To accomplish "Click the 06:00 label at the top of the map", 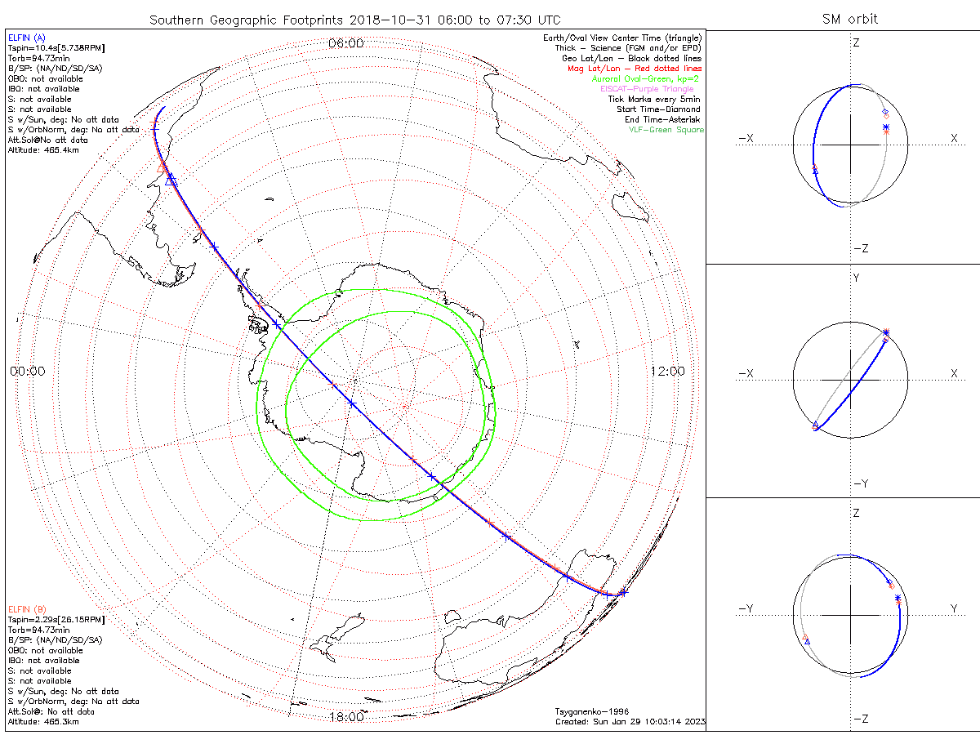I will click(x=345, y=43).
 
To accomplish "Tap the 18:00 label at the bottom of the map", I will click(x=345, y=717).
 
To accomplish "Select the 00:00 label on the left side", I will click(x=27, y=371).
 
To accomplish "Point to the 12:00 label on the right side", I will click(x=667, y=371).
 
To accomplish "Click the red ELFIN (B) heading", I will click(x=27, y=609).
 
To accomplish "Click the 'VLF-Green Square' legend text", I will click(x=666, y=130).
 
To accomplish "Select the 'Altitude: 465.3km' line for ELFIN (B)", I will click(x=43, y=722).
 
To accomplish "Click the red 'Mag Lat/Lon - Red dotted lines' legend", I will click(x=635, y=69).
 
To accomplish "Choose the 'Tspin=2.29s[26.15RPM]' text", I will click(x=56, y=620).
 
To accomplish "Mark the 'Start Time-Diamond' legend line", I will click(x=658, y=109).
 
